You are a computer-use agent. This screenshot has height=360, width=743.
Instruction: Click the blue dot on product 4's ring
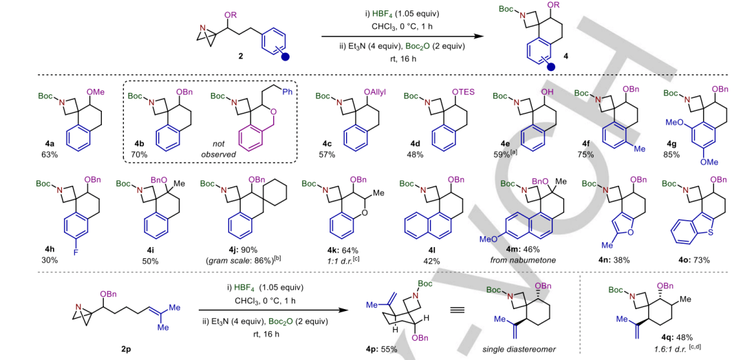click(551, 67)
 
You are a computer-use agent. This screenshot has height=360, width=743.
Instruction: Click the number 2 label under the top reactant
click(240, 54)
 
